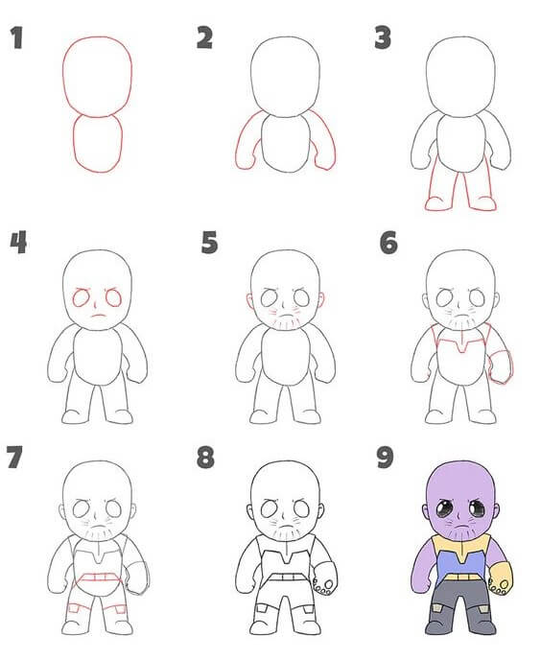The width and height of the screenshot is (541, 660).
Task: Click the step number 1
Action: pos(15,39)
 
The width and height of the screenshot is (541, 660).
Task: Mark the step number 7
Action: pos(14,457)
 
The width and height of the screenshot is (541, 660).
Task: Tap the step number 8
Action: pos(205,457)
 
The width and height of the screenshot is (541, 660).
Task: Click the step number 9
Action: pos(386,457)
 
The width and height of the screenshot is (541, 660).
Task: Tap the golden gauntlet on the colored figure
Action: pos(501,576)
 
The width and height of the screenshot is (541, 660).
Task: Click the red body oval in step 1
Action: pos(98,144)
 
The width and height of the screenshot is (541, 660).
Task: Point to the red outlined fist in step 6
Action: pos(502,365)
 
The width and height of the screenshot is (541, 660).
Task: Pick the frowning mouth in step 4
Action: pos(98,316)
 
